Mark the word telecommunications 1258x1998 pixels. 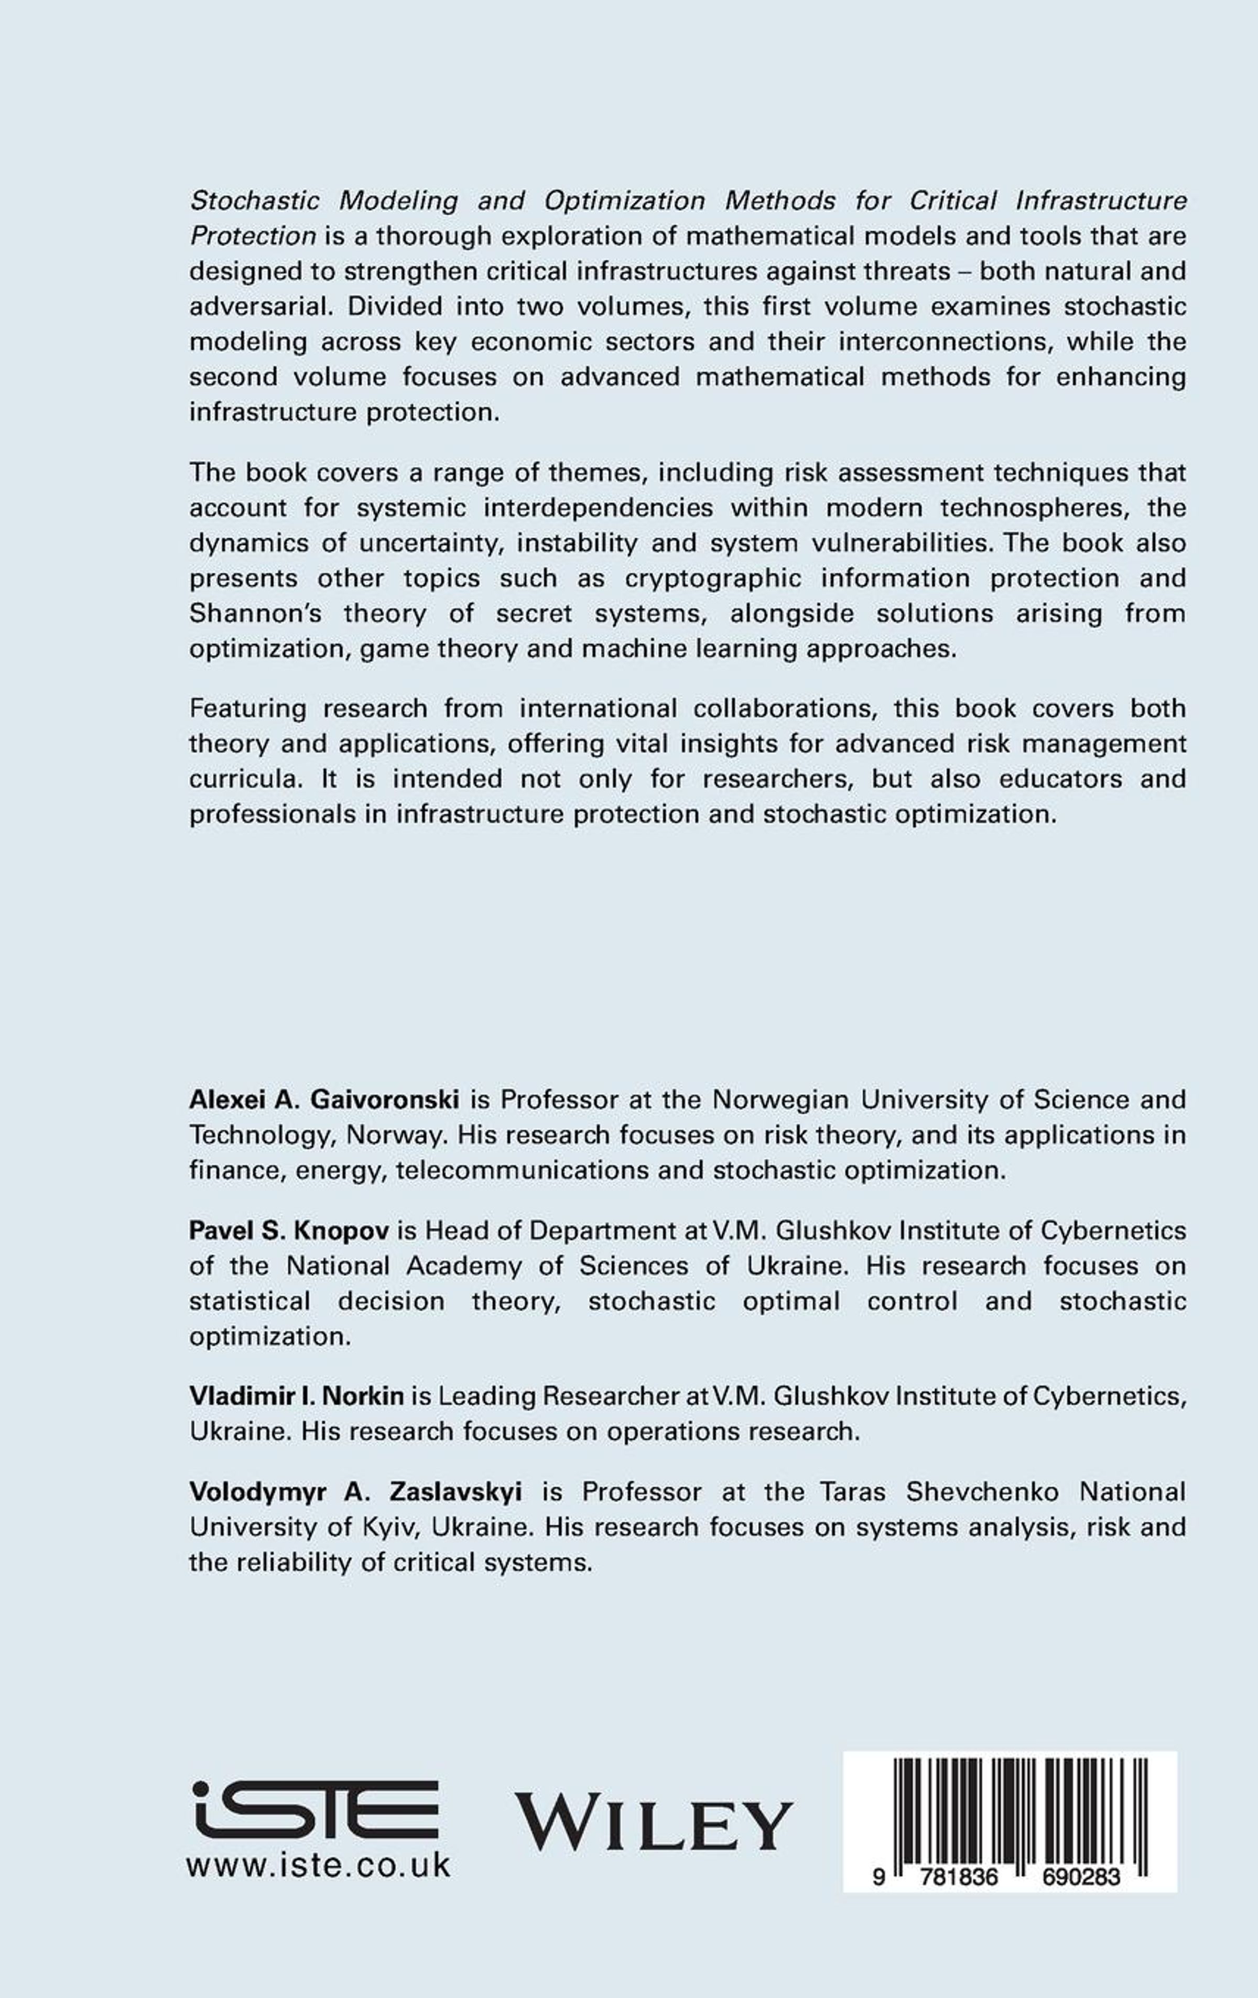tap(547, 1170)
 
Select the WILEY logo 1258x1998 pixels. tap(654, 1822)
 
